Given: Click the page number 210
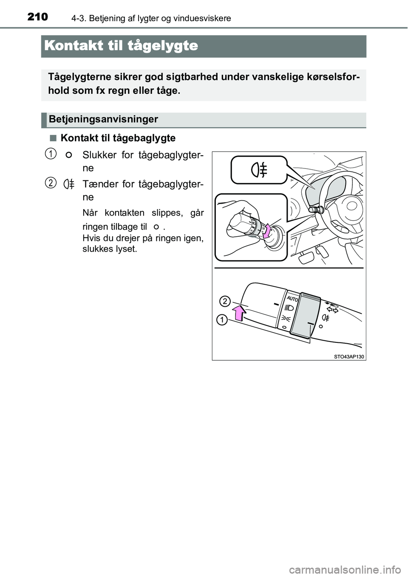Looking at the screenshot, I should click(38, 17).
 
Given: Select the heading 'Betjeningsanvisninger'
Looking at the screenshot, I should click(103, 119).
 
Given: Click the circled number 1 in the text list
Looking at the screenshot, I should click(50, 154).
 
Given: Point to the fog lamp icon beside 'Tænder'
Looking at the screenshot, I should click(69, 184).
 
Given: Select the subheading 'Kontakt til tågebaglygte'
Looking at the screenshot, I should click(118, 138).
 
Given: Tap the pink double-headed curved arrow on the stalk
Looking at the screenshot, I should click(267, 235).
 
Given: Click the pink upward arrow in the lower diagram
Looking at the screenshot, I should click(239, 313).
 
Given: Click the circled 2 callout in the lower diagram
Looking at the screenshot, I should click(224, 301).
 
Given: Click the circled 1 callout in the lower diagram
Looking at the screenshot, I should click(221, 319).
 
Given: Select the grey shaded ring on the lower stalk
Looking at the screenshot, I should click(304, 317).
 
